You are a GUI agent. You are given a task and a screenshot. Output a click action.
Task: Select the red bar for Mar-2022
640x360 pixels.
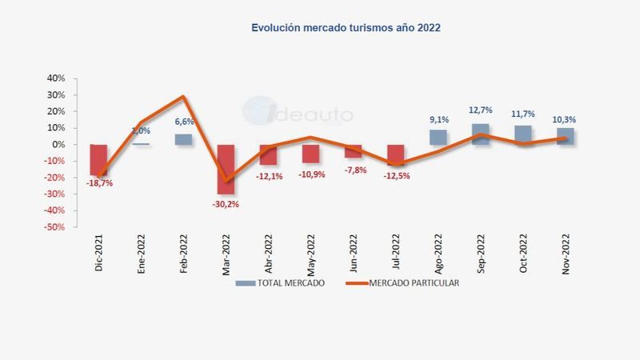point(226,169)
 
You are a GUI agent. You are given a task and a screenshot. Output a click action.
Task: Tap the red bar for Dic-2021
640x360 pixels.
point(98,159)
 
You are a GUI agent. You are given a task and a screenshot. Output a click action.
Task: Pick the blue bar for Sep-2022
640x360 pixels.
point(481,134)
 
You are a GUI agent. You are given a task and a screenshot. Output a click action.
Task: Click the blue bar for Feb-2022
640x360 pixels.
point(183,139)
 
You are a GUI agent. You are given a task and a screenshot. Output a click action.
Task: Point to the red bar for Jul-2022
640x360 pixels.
point(395,154)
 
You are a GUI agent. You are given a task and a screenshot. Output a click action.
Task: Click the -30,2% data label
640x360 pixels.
point(226,204)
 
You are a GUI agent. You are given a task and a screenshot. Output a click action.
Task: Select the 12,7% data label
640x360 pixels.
point(481,110)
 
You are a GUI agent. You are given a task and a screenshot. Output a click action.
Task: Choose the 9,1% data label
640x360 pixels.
point(438,121)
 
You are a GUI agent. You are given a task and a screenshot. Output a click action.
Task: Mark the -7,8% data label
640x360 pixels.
point(354,170)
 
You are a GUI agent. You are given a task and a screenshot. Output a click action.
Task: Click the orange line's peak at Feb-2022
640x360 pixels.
point(183,97)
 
